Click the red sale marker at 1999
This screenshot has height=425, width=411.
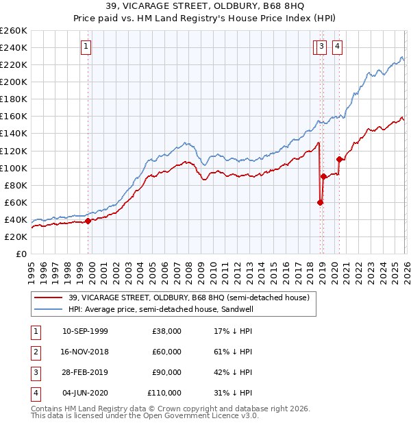coord(88,221)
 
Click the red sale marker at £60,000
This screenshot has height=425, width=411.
coord(320,202)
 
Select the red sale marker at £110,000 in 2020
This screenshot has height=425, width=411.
coord(339,159)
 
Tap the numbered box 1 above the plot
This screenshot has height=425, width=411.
coord(86,47)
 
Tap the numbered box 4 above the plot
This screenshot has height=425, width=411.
coord(338,47)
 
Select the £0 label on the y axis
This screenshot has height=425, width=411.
coord(21,254)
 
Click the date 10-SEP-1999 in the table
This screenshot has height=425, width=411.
coord(85,331)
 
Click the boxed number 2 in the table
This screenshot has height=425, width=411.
coord(35,352)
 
